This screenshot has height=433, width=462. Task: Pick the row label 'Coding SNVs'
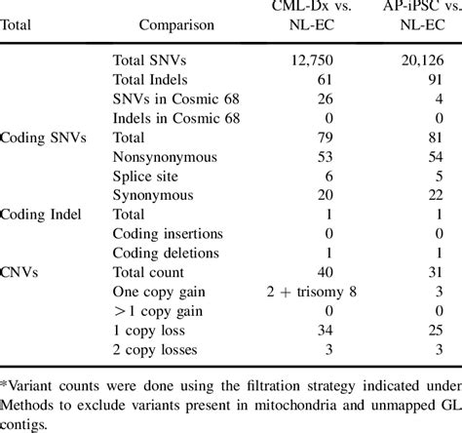pyautogui.click(x=44, y=138)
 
